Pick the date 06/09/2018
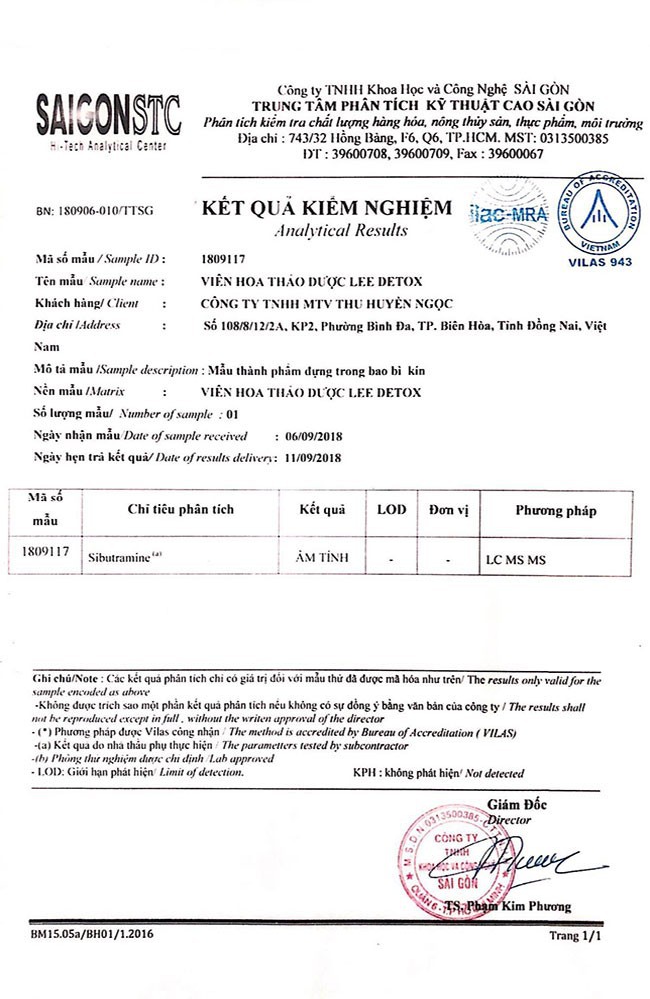click(308, 437)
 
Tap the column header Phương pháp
click(555, 511)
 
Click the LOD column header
click(392, 510)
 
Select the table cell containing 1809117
click(46, 549)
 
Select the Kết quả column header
click(322, 510)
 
